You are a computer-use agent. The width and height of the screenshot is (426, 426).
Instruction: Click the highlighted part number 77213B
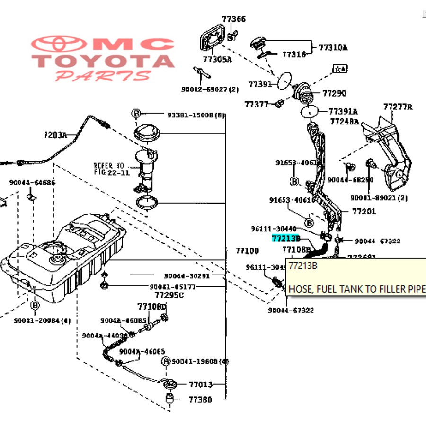[x=286, y=239]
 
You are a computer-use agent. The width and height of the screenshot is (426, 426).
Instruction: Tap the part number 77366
[x=234, y=19]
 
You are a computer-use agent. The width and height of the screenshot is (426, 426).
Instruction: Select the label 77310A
[x=333, y=47]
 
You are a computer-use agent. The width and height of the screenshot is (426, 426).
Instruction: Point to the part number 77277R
[x=398, y=107]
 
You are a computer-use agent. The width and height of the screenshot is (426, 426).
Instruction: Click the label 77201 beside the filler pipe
[x=364, y=211]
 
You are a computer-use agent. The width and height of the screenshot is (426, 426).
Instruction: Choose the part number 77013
[x=201, y=384]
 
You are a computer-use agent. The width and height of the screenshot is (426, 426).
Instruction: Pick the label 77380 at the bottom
[x=200, y=399]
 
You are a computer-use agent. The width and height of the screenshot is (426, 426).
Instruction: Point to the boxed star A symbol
[x=340, y=69]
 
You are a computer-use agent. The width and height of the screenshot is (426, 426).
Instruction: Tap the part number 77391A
[x=343, y=112]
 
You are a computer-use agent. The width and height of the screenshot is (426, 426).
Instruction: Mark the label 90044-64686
[x=32, y=182]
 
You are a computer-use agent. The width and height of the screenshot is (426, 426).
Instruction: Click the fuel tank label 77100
[x=248, y=250]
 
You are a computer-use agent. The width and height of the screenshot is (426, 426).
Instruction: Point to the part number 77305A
[x=217, y=60]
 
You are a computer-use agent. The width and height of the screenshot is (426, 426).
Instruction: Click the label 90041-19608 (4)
[x=200, y=361]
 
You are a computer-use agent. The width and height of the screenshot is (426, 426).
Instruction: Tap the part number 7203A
[x=55, y=135]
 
